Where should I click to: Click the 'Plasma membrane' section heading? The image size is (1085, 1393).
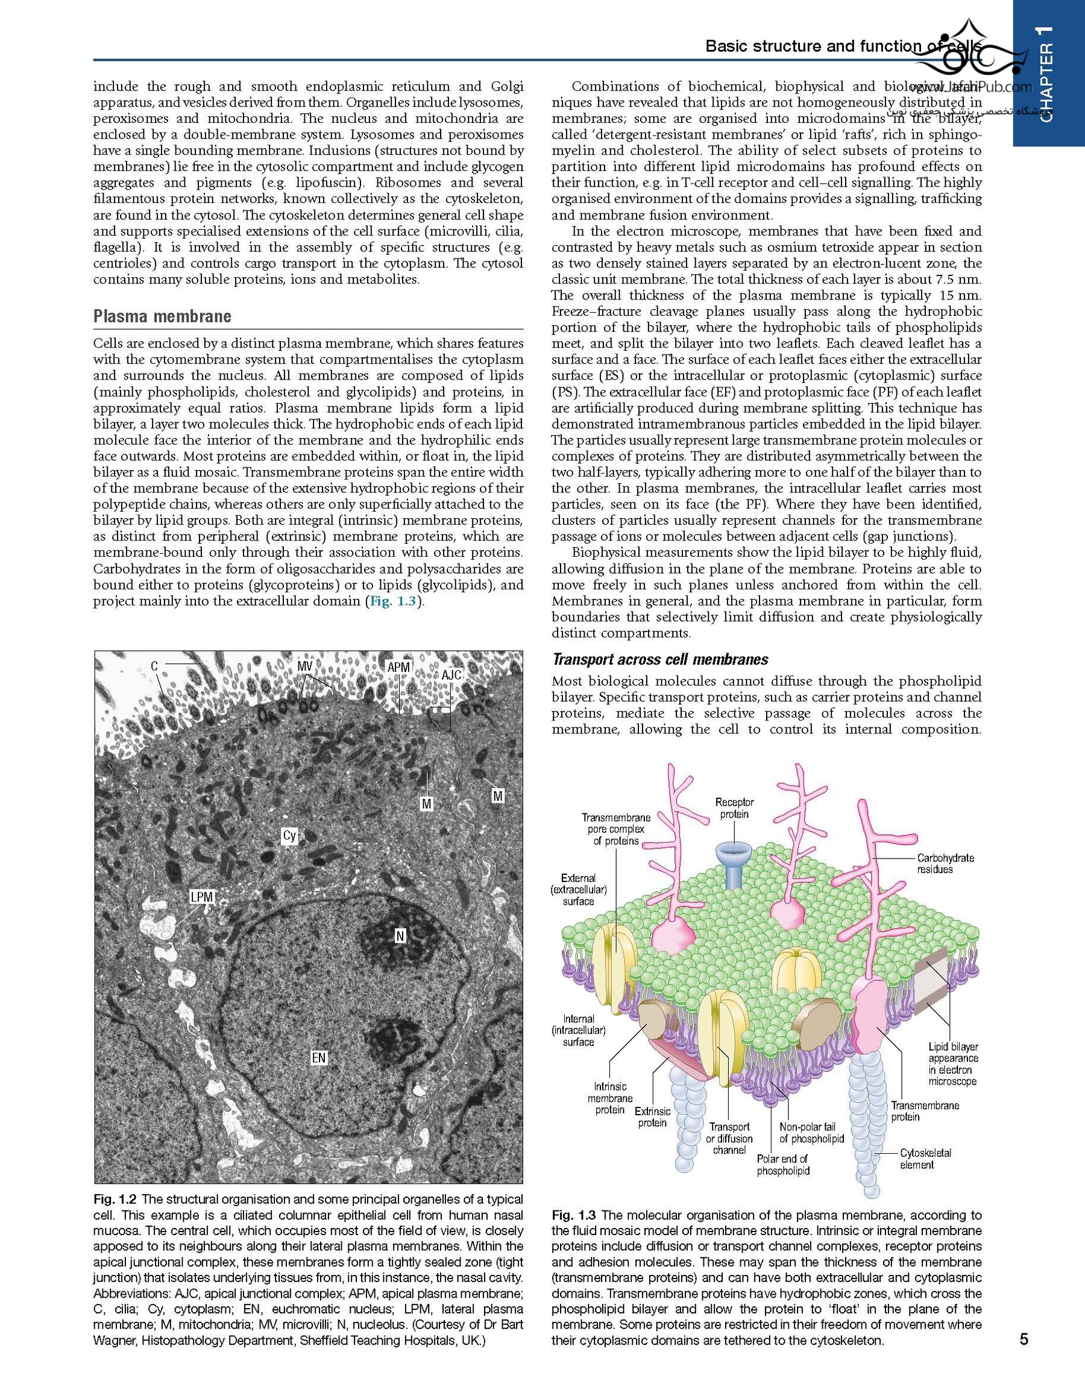pyautogui.click(x=162, y=316)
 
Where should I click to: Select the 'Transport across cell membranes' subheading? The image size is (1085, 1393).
pyautogui.click(x=660, y=660)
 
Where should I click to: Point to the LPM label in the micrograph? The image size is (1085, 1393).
pyautogui.click(x=202, y=897)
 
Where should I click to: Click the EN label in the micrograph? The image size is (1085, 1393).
pyautogui.click(x=318, y=1058)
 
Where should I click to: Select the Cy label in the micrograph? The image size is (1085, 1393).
pyautogui.click(x=290, y=835)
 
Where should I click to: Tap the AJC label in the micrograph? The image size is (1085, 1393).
pyautogui.click(x=451, y=675)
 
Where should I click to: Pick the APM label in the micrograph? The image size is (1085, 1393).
pyautogui.click(x=398, y=667)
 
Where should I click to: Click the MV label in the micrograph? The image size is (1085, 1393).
pyautogui.click(x=305, y=665)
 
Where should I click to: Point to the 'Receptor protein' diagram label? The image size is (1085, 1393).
pyautogui.click(x=734, y=808)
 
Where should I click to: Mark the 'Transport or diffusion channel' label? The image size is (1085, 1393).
pyautogui.click(x=729, y=1138)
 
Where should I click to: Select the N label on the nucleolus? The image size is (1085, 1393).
pyautogui.click(x=400, y=936)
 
